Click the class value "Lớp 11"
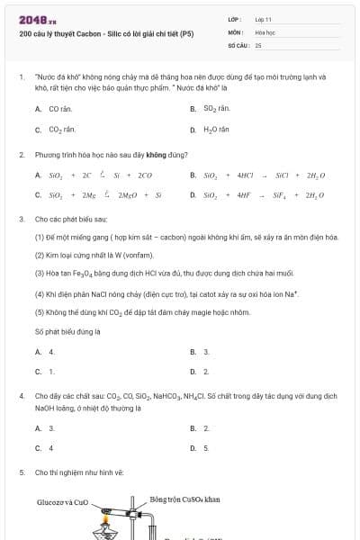[x=263, y=19]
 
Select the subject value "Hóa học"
[x=264, y=31]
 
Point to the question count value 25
[x=258, y=44]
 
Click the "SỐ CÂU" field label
[x=238, y=44]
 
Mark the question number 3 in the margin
[x=21, y=219]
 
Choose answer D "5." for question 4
[x=206, y=447]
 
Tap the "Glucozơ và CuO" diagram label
[x=62, y=501]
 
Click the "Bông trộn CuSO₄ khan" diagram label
[x=185, y=499]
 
